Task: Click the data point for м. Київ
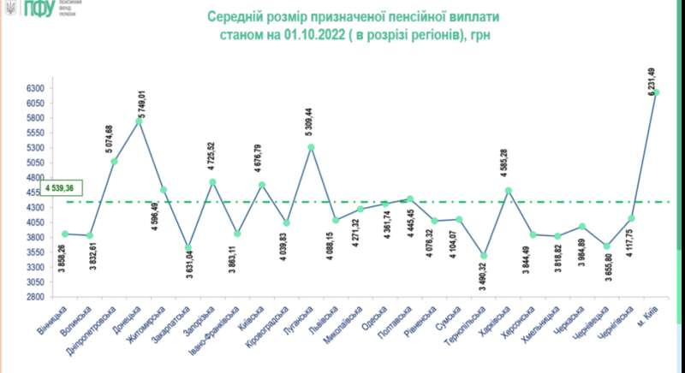pos(658,92)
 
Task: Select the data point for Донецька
pos(139,121)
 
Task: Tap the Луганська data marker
pos(311,147)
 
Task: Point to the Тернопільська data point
pos(484,256)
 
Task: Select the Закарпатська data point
pos(188,248)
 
